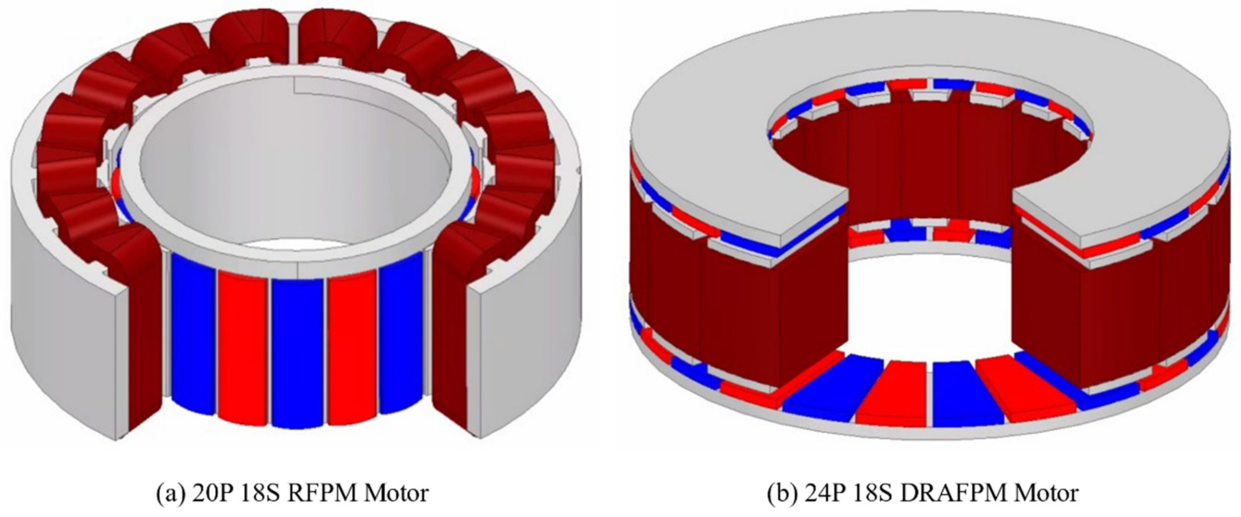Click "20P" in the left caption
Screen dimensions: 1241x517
click(208, 493)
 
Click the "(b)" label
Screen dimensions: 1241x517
click(781, 494)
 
